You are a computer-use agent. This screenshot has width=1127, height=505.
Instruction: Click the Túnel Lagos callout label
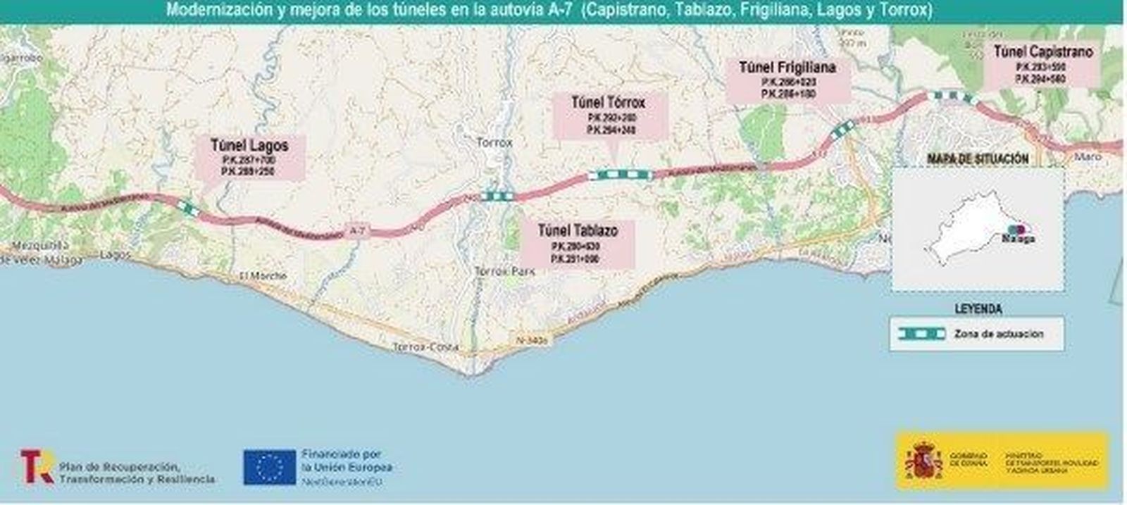(249, 157)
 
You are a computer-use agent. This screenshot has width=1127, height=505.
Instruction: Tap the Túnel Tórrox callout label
(609, 115)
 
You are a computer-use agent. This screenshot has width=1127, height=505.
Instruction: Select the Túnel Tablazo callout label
(578, 243)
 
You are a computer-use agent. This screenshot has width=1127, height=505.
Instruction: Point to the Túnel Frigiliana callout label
(787, 79)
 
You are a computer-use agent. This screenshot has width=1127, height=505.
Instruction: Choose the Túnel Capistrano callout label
(1042, 63)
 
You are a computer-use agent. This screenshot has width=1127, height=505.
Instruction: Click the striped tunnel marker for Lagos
(187, 206)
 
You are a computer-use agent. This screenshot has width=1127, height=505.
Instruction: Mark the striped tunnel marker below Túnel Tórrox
(621, 175)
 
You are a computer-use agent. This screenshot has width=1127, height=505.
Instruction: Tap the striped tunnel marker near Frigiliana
(842, 128)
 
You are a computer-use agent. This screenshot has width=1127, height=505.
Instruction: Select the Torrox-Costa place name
(425, 347)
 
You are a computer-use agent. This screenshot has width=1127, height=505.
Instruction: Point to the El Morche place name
(263, 275)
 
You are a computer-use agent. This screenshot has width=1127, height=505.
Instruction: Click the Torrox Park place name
(504, 271)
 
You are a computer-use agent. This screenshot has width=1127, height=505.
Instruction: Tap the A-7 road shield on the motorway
(356, 230)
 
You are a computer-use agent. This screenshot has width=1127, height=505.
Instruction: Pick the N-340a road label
(531, 340)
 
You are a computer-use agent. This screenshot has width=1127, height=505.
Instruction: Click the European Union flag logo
(269, 467)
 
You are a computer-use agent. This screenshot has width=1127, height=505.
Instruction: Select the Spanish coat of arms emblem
(921, 461)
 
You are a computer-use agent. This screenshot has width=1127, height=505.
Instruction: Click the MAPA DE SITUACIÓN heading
(978, 159)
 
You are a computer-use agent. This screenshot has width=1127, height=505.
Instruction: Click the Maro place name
(1088, 156)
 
